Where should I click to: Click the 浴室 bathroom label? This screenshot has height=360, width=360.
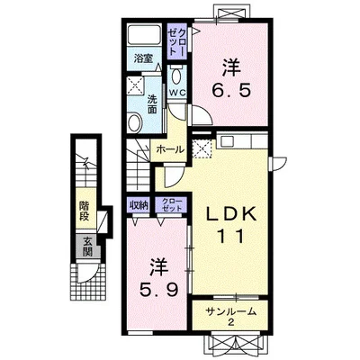tap(142, 58)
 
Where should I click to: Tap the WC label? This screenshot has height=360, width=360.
tap(177, 93)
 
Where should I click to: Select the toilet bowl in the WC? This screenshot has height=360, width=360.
tap(176, 75)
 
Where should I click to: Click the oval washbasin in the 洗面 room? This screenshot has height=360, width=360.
tap(135, 122)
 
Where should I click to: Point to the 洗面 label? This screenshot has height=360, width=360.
tap(152, 104)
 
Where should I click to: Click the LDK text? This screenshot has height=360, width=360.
tap(232, 214)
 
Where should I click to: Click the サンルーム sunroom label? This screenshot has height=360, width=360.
tap(231, 311)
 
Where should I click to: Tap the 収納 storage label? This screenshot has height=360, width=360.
tap(139, 205)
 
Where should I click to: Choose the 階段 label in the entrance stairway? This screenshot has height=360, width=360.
tap(85, 211)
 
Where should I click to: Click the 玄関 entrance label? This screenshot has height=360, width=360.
tap(87, 247)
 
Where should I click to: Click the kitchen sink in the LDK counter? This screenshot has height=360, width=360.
tap(226, 140)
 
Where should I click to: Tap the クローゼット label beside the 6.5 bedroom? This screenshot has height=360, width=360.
tap(176, 41)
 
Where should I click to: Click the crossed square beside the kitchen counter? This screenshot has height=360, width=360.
tap(202, 148)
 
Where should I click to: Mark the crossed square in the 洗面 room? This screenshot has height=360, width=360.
tap(136, 85)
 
